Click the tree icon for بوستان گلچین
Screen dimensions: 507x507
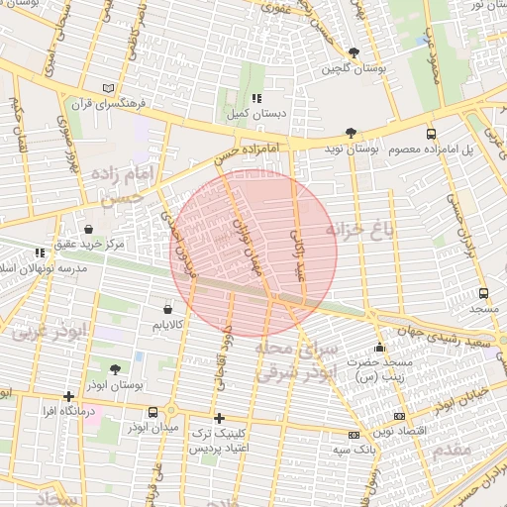355,53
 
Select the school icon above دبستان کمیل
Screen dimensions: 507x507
255,98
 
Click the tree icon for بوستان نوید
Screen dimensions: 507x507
351,132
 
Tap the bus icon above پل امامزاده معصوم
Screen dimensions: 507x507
430,133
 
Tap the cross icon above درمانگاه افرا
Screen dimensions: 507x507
68,397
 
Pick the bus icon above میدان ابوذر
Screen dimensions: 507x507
152,412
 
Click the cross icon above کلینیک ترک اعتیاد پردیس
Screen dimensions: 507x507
219,418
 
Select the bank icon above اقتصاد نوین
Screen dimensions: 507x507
399,417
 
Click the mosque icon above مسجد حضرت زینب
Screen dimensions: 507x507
378,348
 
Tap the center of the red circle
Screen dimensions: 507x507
253,253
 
